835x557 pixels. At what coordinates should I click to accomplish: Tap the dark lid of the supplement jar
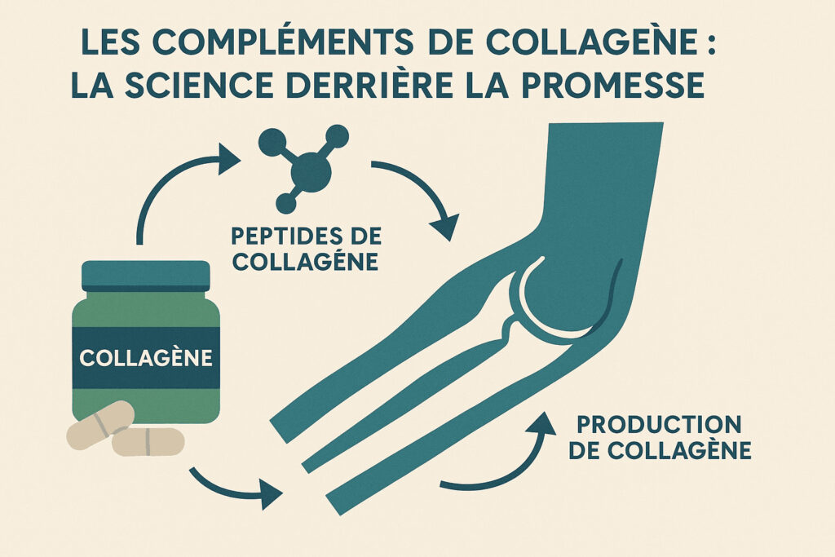[146, 276]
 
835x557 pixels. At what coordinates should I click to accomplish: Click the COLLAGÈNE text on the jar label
[146, 357]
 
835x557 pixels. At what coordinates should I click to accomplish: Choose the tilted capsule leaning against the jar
[100, 425]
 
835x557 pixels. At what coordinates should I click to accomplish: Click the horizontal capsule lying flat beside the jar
[148, 441]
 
